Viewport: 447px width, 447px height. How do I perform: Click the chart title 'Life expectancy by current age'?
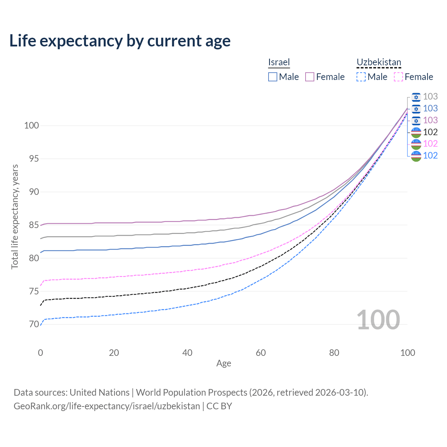(x=120, y=41)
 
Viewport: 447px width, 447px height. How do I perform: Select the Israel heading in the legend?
(x=279, y=62)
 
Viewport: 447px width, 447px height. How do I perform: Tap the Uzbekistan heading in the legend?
(x=379, y=62)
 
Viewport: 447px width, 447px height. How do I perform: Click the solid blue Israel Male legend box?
(x=273, y=77)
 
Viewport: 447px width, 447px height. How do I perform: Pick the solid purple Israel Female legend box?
(x=310, y=77)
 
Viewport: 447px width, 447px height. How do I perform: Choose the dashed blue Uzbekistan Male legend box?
(x=361, y=77)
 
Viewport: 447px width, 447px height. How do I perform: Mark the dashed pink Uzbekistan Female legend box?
(x=398, y=77)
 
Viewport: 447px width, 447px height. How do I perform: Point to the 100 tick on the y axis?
(x=31, y=125)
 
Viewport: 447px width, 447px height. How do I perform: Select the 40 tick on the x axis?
(x=187, y=353)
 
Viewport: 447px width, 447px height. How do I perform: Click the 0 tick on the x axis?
(x=41, y=353)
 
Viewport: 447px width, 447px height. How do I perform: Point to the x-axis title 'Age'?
(x=223, y=364)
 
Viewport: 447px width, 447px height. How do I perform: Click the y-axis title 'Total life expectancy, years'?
(x=15, y=217)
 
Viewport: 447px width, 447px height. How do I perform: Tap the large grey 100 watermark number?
(x=378, y=320)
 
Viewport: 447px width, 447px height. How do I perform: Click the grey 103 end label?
(x=430, y=96)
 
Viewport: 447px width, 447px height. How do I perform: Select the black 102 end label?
(x=430, y=132)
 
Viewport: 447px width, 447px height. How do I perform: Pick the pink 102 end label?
(x=430, y=144)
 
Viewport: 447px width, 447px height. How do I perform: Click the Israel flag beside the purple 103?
(x=416, y=120)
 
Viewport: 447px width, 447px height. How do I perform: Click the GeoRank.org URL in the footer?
(x=107, y=406)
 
